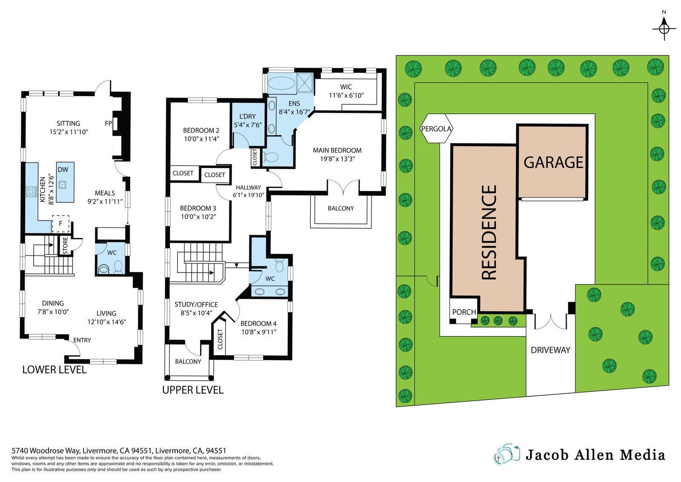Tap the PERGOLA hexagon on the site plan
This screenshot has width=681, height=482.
436,128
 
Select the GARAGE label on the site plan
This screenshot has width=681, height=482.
553,162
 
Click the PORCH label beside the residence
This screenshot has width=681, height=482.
464,312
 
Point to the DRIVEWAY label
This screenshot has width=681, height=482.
550,350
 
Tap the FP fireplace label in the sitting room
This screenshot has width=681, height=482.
108,123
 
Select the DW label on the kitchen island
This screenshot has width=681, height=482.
63,169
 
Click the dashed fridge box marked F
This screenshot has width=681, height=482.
60,224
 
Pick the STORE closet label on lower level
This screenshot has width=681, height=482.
65,246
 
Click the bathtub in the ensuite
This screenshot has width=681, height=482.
282,83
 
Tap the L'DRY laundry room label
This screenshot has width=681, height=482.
247,117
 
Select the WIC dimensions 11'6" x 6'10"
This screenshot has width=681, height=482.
346,95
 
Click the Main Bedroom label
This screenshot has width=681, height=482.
337,150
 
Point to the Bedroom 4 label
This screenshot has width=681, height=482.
258,324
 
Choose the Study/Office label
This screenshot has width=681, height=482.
196,304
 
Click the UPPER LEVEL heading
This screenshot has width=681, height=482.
193,390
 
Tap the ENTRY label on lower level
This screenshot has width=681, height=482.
82,340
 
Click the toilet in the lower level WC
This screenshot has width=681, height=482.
118,267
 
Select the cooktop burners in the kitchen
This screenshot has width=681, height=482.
31,192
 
